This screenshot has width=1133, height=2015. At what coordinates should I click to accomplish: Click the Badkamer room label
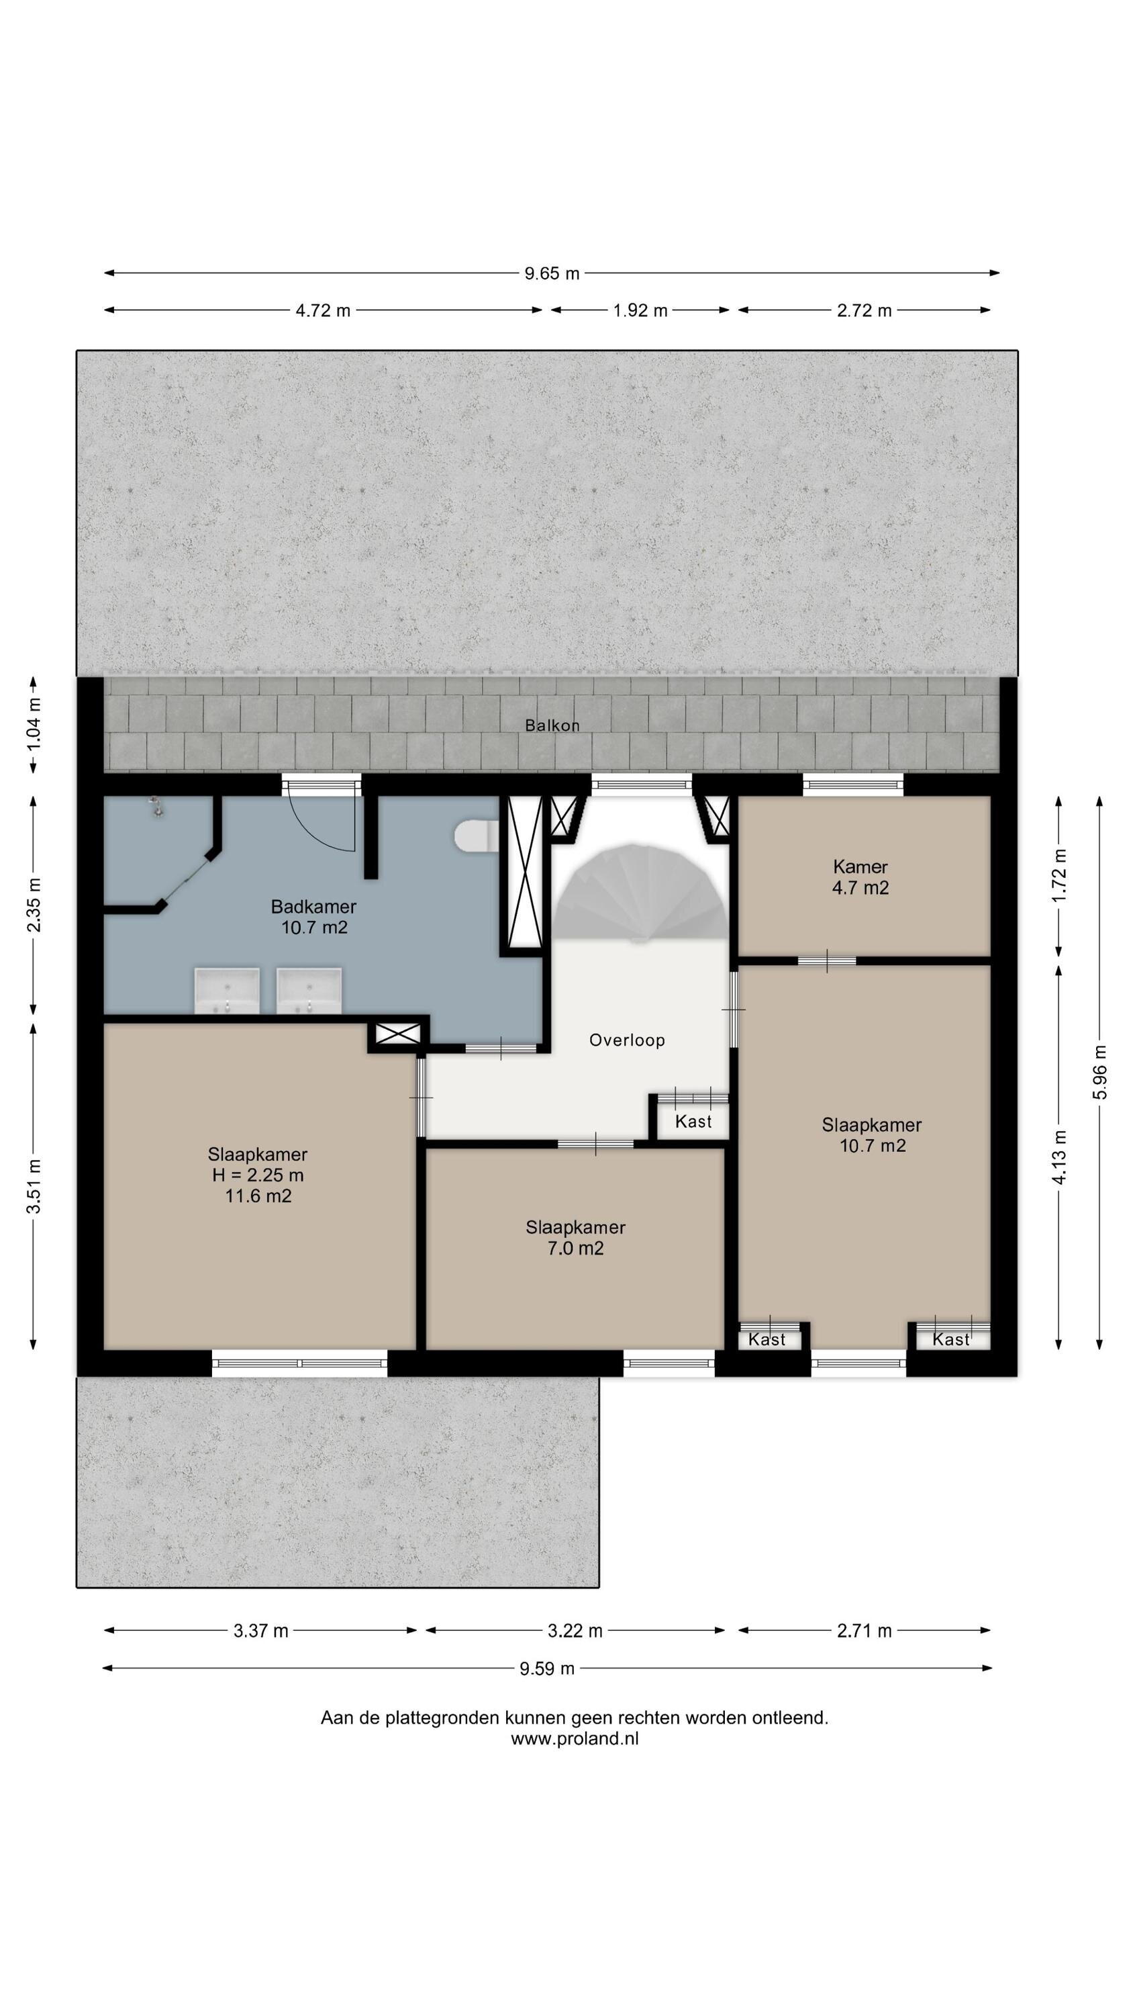click(x=313, y=907)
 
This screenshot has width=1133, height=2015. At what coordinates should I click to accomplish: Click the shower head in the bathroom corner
click(x=157, y=807)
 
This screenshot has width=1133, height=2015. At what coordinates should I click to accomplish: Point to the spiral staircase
click(x=640, y=892)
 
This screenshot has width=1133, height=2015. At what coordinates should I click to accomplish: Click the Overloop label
click(x=627, y=1040)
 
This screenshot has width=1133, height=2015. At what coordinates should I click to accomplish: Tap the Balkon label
click(x=552, y=725)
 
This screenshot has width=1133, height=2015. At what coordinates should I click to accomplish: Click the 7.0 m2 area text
click(x=575, y=1248)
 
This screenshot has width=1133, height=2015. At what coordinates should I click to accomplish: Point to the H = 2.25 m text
click(x=258, y=1175)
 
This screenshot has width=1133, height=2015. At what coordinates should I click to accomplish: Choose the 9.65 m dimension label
click(x=552, y=273)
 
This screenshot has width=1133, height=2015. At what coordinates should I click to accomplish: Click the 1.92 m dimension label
click(x=640, y=310)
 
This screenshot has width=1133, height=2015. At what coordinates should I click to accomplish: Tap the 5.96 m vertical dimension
click(x=1100, y=1071)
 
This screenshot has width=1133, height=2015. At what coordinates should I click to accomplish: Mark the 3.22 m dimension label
click(x=575, y=1631)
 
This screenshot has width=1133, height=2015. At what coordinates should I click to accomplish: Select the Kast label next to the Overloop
click(x=693, y=1121)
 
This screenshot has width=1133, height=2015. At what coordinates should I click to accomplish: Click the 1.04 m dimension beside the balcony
click(x=34, y=724)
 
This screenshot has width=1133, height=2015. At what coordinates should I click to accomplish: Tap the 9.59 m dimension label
click(x=547, y=1668)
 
